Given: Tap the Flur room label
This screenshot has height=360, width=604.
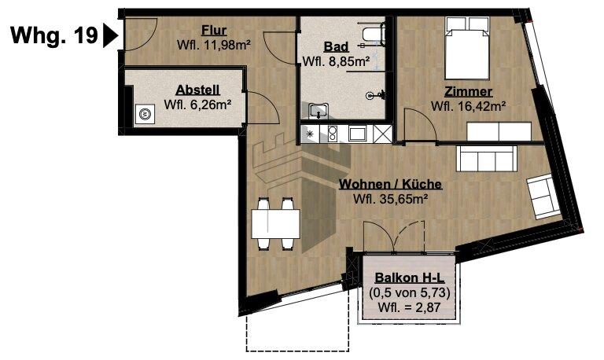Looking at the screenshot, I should tap(214, 31).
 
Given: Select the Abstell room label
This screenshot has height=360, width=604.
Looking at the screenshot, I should tap(197, 89).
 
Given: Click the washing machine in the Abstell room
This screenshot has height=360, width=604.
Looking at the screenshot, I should tap(145, 115).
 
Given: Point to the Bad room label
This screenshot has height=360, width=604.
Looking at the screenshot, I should tap(336, 46).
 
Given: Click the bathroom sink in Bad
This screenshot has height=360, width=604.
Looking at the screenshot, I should tap(318, 110).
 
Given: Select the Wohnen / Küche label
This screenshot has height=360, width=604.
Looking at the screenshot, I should tap(390, 185).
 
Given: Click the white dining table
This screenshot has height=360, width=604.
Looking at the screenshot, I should tap(274, 219).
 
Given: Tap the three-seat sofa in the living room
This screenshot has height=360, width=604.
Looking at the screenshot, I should tap(488, 160).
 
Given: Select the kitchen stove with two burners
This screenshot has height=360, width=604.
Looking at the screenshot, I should tap(332, 134).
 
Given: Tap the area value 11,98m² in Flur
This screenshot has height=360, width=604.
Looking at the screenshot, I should tap(226, 46).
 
